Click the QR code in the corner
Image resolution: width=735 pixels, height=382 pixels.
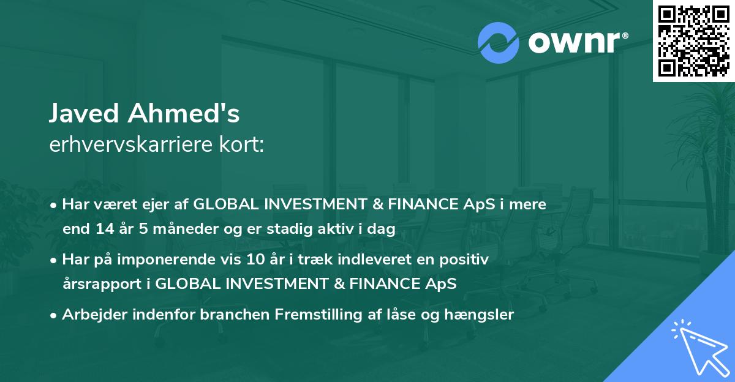(693, 41)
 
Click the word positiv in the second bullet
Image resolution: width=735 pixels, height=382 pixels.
(467, 260)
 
